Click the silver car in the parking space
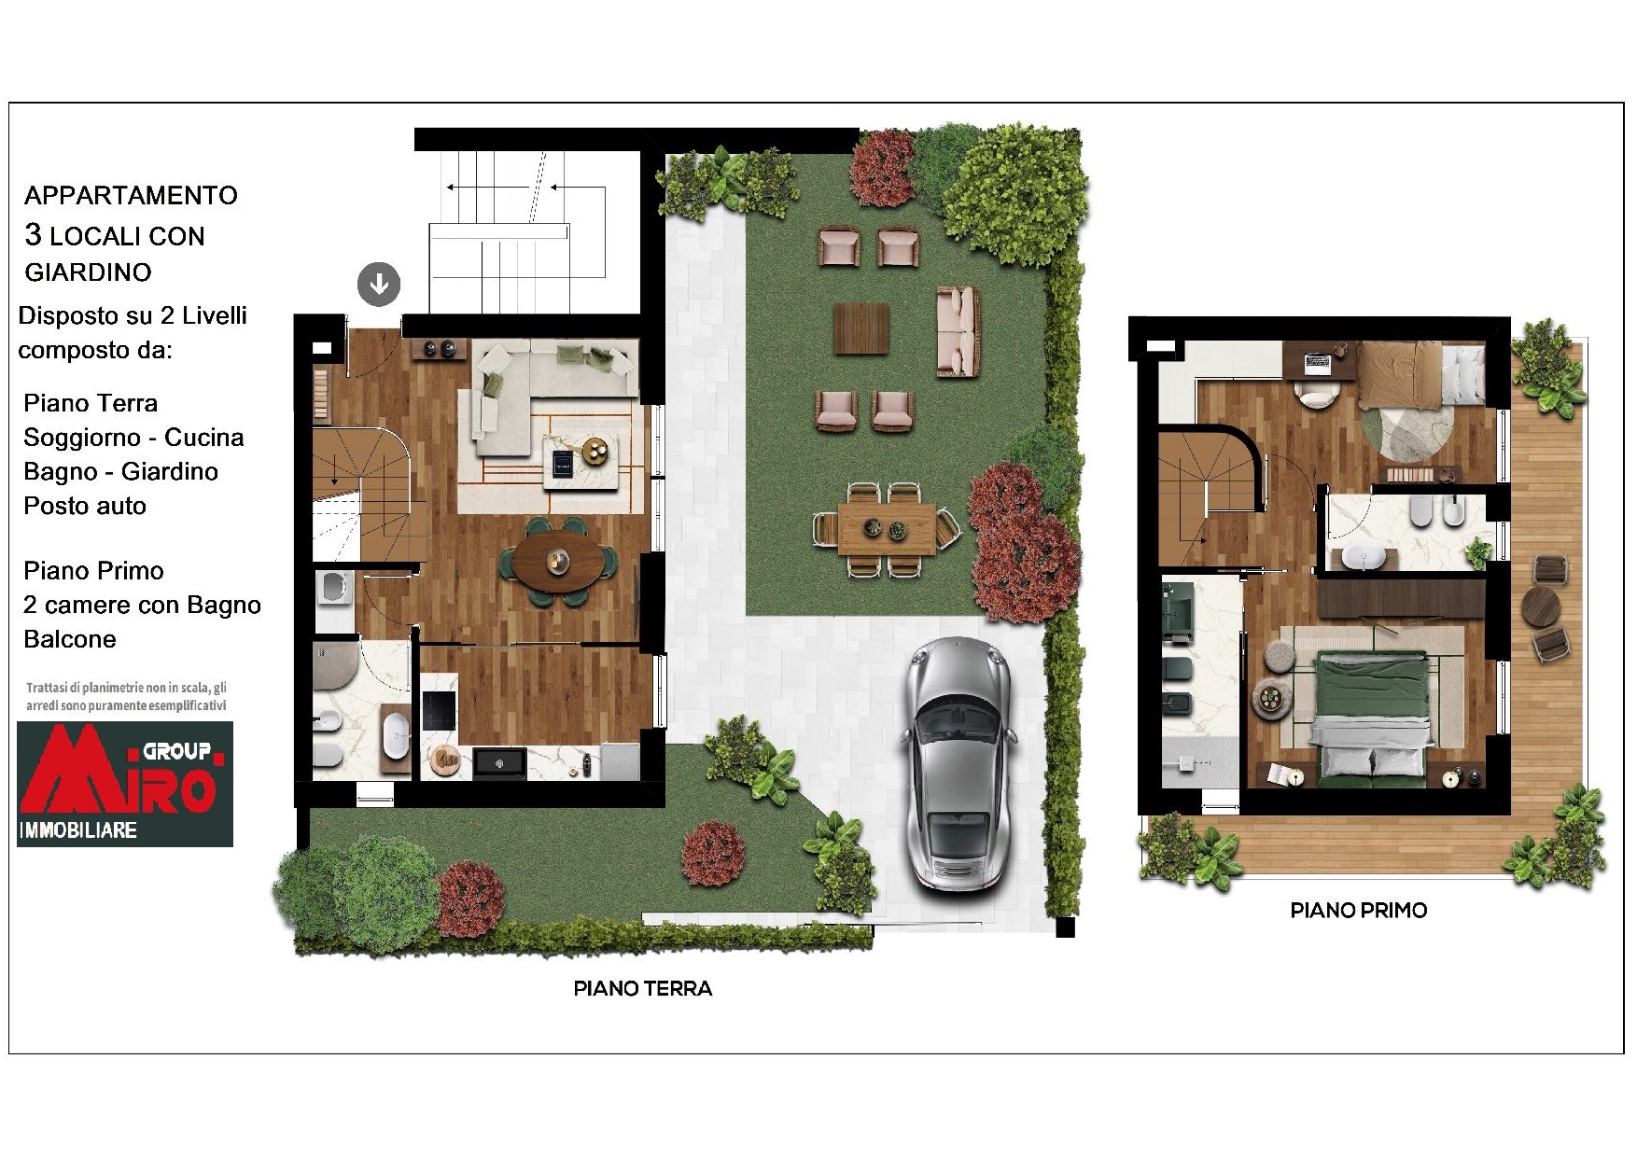click(958, 763)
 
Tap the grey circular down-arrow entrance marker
click(379, 284)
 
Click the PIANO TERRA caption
click(643, 989)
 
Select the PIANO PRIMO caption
click(1359, 911)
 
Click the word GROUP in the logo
click(176, 751)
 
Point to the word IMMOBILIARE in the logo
click(78, 830)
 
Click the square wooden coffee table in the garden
click(860, 328)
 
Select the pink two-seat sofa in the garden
click(958, 331)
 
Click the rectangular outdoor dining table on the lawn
click(887, 529)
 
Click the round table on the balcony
click(1541, 606)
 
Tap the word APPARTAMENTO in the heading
click(131, 196)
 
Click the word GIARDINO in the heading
click(88, 272)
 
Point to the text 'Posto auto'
click(85, 506)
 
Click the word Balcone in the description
click(70, 639)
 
